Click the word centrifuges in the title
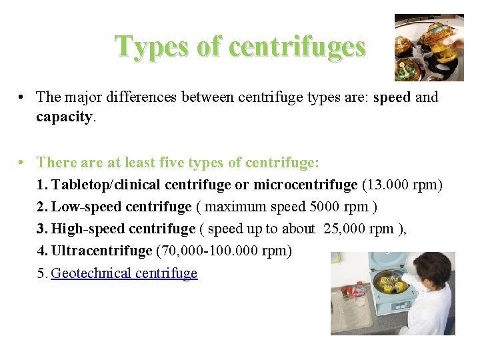[x=297, y=47]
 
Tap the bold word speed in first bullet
[x=393, y=97]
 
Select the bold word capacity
[x=64, y=117]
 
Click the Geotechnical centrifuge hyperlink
[x=124, y=273]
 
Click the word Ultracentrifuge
[x=101, y=251]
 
